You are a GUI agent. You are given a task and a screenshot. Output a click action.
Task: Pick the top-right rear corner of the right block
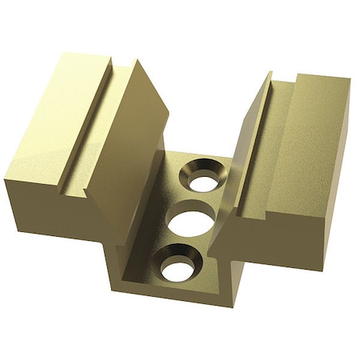(350, 80)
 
